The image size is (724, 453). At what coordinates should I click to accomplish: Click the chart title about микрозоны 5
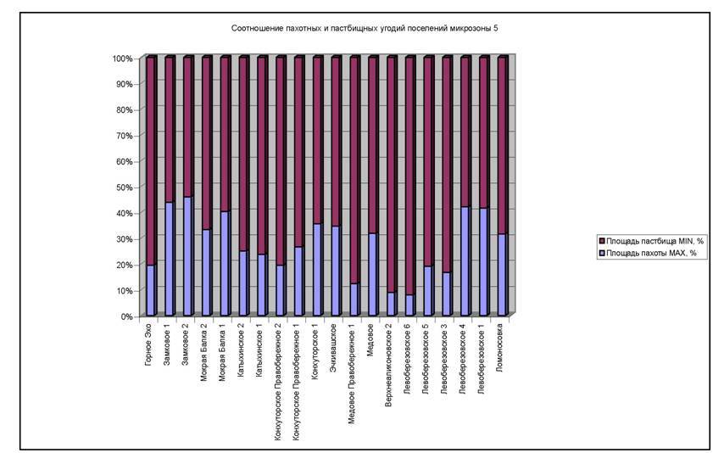pos(365,28)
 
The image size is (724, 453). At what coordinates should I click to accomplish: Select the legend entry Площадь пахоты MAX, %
pos(651,253)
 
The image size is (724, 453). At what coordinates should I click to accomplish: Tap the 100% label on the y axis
pos(121,59)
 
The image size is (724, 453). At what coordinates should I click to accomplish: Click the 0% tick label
pos(125,316)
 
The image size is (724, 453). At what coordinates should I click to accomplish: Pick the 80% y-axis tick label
pos(123,109)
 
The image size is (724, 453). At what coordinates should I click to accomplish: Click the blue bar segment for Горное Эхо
pos(151,291)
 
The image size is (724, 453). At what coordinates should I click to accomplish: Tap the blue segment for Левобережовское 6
pos(409,305)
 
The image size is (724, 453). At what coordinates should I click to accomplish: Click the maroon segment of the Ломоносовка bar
pos(502,144)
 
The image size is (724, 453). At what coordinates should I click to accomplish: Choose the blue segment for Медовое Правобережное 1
pos(354,300)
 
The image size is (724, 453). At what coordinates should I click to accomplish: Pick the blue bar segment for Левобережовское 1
pos(483,262)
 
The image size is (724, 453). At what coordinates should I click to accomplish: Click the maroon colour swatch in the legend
pos(600,241)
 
